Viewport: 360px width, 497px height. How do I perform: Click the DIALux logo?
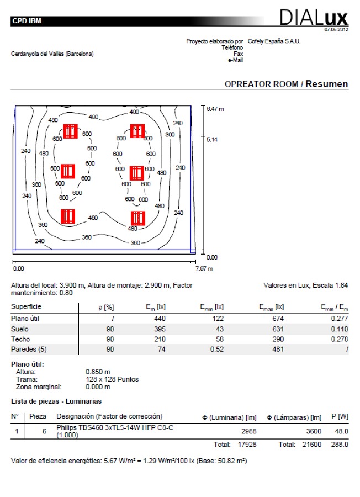[x=314, y=18]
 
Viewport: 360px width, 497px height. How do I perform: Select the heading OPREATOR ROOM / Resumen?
[x=286, y=84]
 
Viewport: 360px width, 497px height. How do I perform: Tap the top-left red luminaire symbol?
[x=70, y=131]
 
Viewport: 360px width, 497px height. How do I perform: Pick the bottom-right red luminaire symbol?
[x=137, y=218]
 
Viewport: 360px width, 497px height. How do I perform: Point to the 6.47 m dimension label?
[x=215, y=109]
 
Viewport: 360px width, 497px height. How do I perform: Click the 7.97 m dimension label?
[x=204, y=268]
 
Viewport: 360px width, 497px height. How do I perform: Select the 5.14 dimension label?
[x=212, y=140]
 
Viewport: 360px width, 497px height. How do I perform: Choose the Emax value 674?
[x=278, y=318]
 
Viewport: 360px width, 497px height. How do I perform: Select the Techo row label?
[x=20, y=339]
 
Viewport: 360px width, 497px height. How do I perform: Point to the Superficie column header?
[x=26, y=306]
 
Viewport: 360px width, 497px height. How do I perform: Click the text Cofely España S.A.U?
[x=274, y=41]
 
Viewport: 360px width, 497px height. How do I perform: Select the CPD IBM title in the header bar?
[x=27, y=22]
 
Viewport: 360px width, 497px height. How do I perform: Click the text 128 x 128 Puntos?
[x=112, y=379]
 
